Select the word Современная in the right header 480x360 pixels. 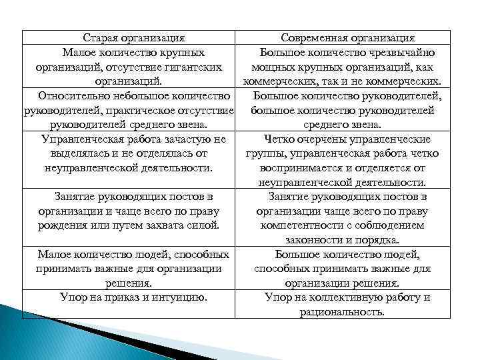313,38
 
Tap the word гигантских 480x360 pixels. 191,67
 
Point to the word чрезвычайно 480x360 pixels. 403,52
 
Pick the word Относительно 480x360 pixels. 73,96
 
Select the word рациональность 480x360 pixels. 343,312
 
